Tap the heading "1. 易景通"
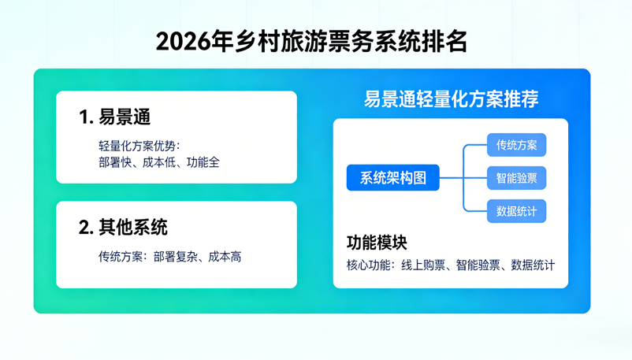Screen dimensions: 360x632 pyautogui.click(x=115, y=117)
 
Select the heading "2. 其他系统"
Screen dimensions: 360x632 pyautogui.click(x=123, y=228)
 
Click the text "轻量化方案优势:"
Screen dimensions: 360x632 pyautogui.click(x=139, y=147)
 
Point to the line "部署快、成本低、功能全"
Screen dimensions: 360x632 pyautogui.click(x=159, y=162)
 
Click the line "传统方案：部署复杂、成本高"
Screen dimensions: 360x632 pyautogui.click(x=170, y=257)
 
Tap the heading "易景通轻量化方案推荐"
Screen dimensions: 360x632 pyautogui.click(x=452, y=98)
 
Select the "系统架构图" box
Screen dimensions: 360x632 pyautogui.click(x=393, y=178)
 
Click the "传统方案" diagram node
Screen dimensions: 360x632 pyautogui.click(x=516, y=145)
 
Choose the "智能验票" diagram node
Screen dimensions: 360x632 pyautogui.click(x=516, y=178)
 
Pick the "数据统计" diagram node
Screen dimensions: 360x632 pyautogui.click(x=516, y=211)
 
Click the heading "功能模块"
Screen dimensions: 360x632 pyautogui.click(x=377, y=242)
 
